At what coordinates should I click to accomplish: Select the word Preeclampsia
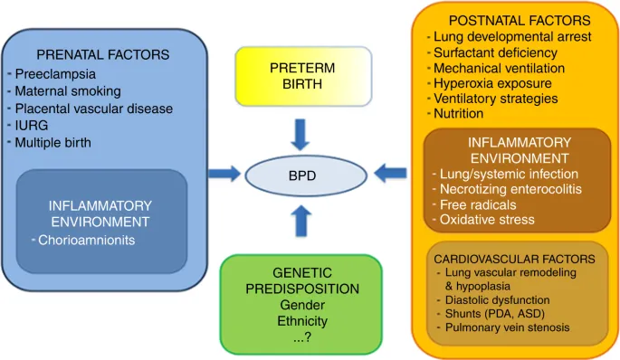56,74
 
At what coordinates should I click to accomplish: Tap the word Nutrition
459,114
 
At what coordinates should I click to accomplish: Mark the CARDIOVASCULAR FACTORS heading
519,259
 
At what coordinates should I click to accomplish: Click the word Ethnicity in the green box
302,320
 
